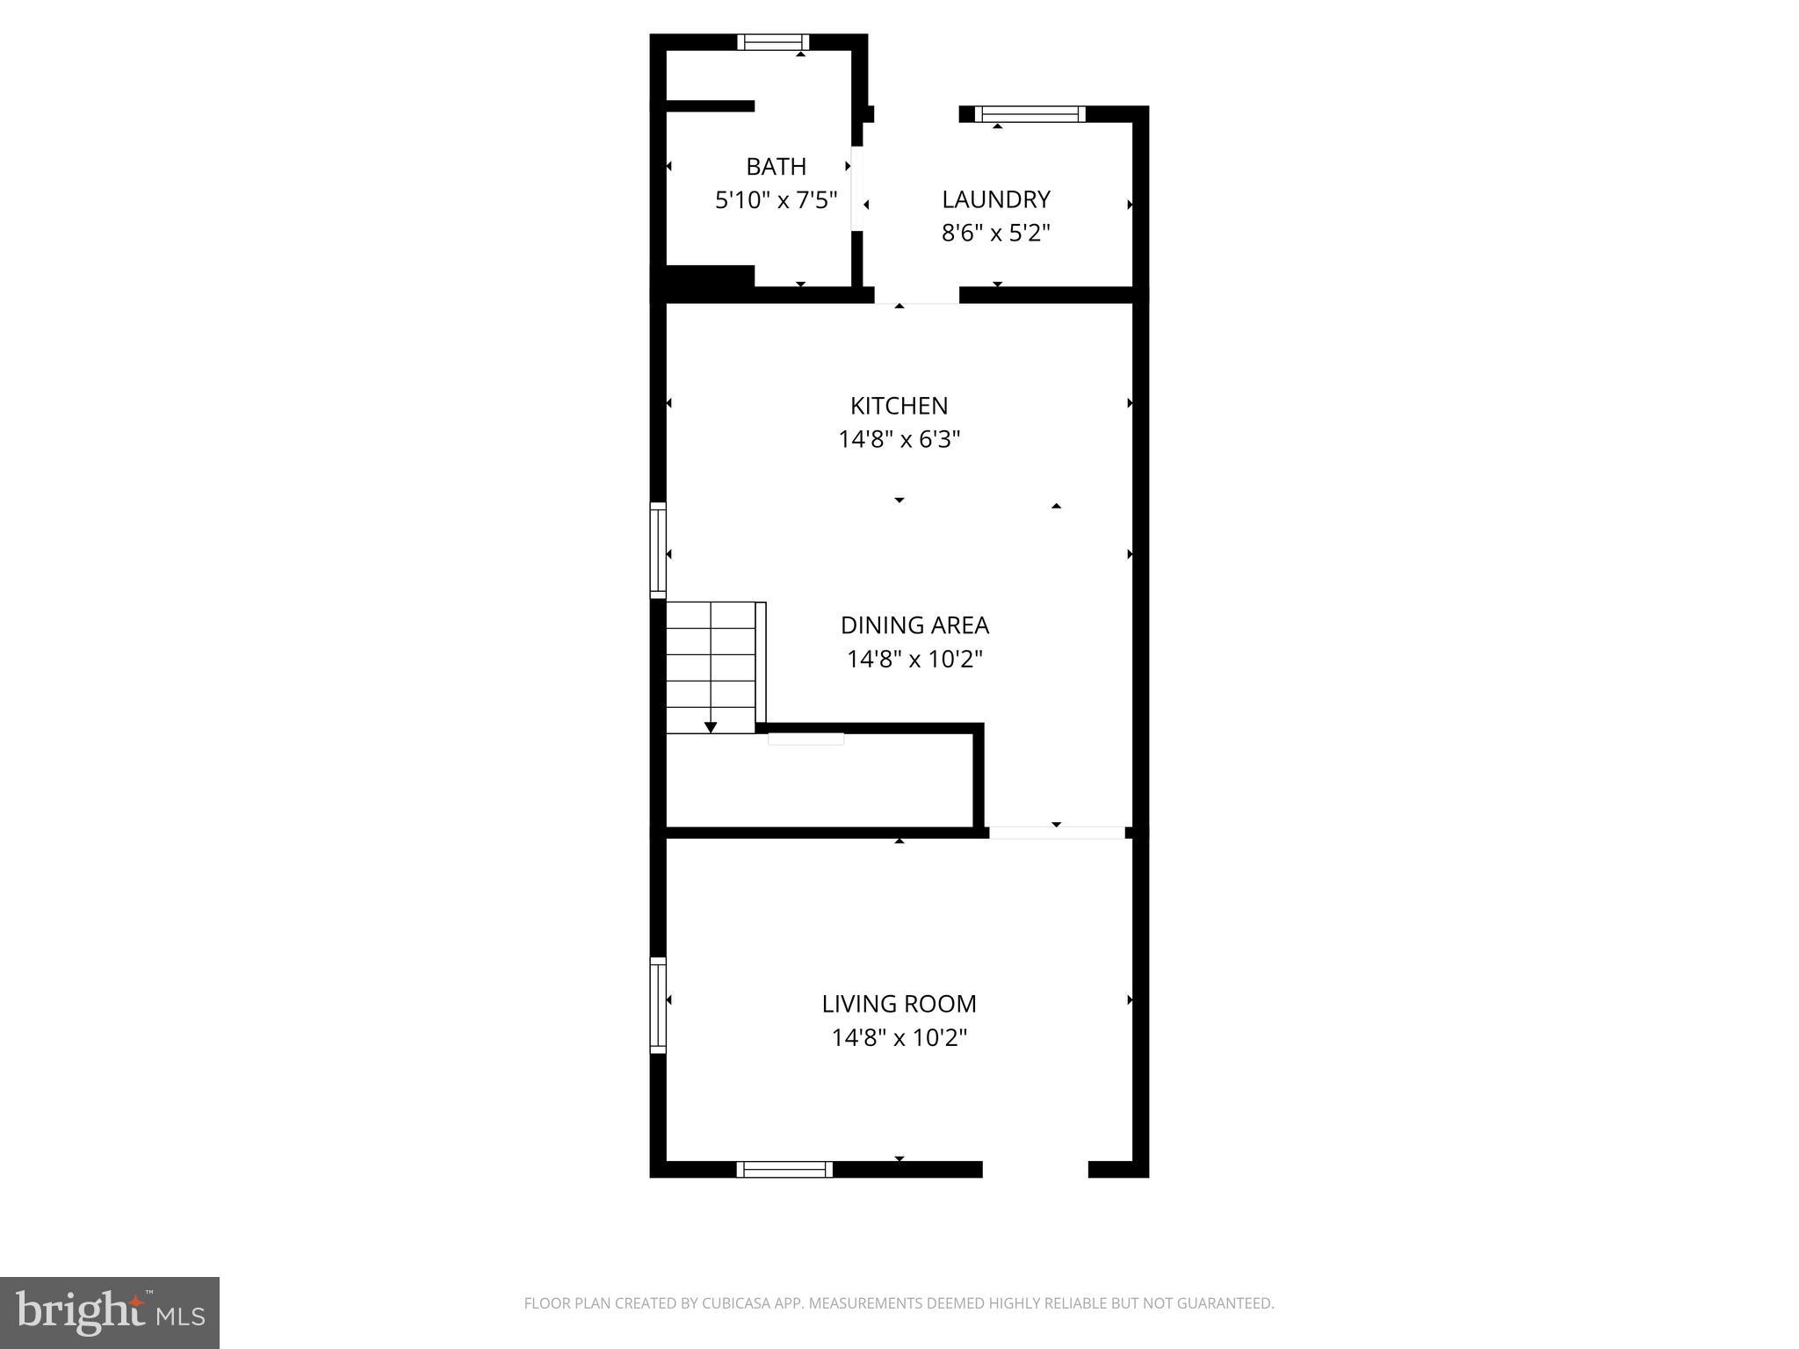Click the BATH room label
[x=776, y=166]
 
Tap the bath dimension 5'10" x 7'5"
[x=776, y=200]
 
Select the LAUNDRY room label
[x=995, y=199]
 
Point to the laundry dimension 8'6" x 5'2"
[x=995, y=233]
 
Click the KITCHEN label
[x=899, y=406]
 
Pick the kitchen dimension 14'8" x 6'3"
[x=899, y=439]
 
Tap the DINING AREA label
[x=914, y=625]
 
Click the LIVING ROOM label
[x=899, y=1004]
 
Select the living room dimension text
[x=899, y=1038]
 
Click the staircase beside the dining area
[x=711, y=667]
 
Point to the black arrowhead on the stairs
[x=711, y=727]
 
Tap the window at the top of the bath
[x=773, y=42]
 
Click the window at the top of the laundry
[x=1030, y=114]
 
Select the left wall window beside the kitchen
[x=658, y=551]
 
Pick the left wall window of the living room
[x=658, y=1005]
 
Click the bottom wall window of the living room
[x=784, y=1169]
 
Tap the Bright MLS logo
[x=110, y=1312]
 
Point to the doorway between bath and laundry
[x=857, y=189]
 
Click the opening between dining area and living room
[x=1057, y=833]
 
